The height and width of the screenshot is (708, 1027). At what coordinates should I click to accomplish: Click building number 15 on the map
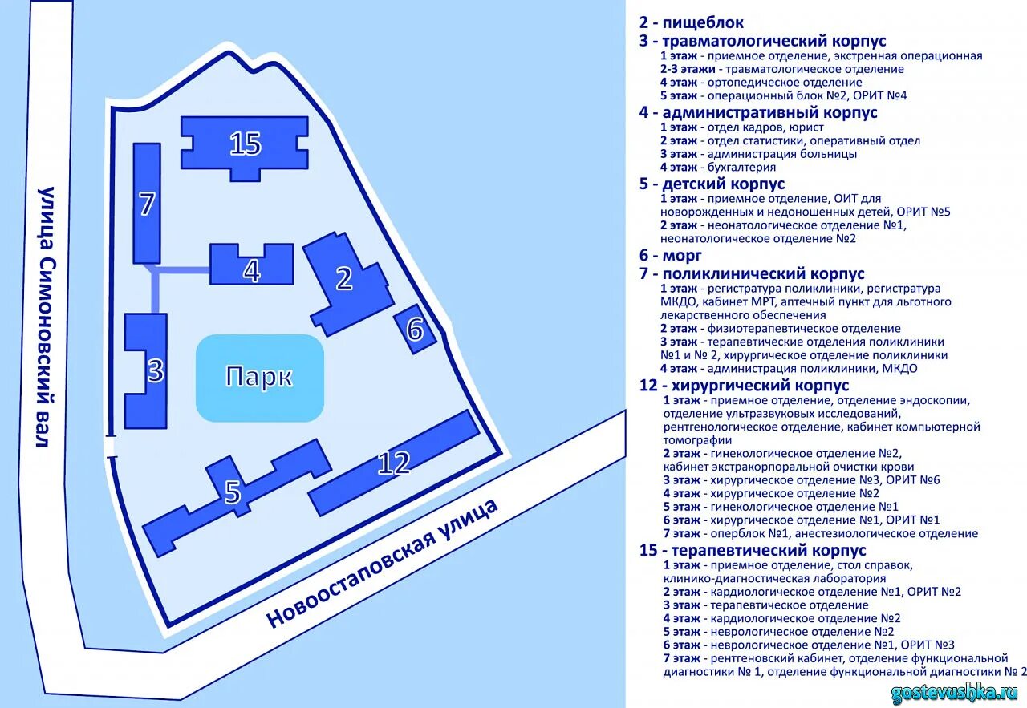(245, 144)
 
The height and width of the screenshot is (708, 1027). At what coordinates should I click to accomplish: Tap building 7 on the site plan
(146, 204)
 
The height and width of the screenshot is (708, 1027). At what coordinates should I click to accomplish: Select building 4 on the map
(251, 270)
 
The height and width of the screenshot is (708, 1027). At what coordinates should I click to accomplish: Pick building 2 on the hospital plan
(344, 279)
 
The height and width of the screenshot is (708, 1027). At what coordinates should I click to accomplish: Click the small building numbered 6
(415, 329)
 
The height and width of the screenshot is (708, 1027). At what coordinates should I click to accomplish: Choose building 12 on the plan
(393, 463)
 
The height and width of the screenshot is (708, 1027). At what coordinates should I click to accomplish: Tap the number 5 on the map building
(233, 492)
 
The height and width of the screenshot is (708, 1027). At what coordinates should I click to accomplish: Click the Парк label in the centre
(259, 378)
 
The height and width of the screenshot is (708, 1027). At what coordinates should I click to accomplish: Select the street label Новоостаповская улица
(383, 562)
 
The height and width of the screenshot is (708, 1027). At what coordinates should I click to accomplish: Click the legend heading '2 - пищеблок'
(691, 23)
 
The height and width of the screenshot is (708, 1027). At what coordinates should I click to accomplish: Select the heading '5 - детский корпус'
(712, 184)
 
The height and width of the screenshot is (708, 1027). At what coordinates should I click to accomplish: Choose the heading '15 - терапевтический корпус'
(753, 551)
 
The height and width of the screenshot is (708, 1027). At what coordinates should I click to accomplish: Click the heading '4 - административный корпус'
(758, 112)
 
